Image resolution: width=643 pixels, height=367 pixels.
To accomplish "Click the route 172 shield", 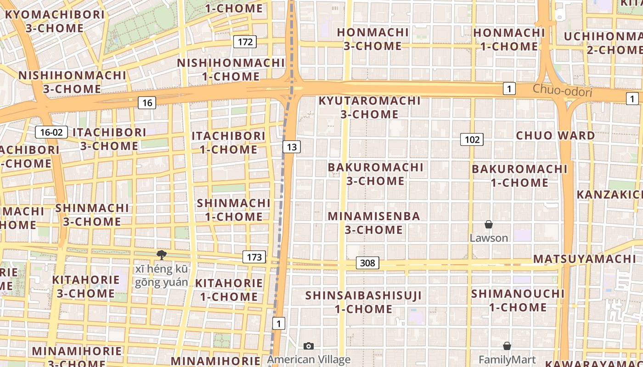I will click(245, 42).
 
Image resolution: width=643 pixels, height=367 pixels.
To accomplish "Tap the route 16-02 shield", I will click(51, 133).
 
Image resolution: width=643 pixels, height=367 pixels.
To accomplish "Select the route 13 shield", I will click(292, 147).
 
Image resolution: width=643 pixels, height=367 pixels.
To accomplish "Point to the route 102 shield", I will click(472, 139).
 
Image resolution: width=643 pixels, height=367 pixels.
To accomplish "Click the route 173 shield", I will click(254, 257).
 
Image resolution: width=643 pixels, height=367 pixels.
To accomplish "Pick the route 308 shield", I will click(367, 263).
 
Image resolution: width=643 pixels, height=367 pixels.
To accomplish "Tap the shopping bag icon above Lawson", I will click(489, 224).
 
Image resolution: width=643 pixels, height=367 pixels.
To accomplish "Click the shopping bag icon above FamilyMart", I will click(507, 346).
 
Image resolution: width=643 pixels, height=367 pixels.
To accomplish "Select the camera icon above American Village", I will click(309, 346).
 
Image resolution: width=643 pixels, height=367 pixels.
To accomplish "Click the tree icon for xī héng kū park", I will click(161, 255).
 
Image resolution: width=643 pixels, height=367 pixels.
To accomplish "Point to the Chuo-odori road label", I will click(562, 90).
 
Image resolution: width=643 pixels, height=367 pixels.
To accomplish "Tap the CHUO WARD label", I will click(555, 135).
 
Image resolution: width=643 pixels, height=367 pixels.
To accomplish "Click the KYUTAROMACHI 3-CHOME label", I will click(370, 107).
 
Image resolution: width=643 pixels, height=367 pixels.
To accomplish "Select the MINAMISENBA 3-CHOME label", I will click(374, 223).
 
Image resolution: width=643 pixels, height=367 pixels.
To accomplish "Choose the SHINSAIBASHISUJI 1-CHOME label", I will click(363, 302).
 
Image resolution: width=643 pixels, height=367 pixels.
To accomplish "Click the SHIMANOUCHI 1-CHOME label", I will click(518, 300).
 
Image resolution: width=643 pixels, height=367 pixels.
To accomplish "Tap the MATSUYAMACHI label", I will click(585, 259).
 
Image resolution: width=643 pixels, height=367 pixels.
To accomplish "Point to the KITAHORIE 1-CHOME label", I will click(229, 290).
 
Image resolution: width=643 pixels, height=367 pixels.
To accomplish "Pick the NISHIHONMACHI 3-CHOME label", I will click(72, 82).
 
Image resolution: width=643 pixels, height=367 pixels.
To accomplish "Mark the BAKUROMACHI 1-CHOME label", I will click(519, 176).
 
